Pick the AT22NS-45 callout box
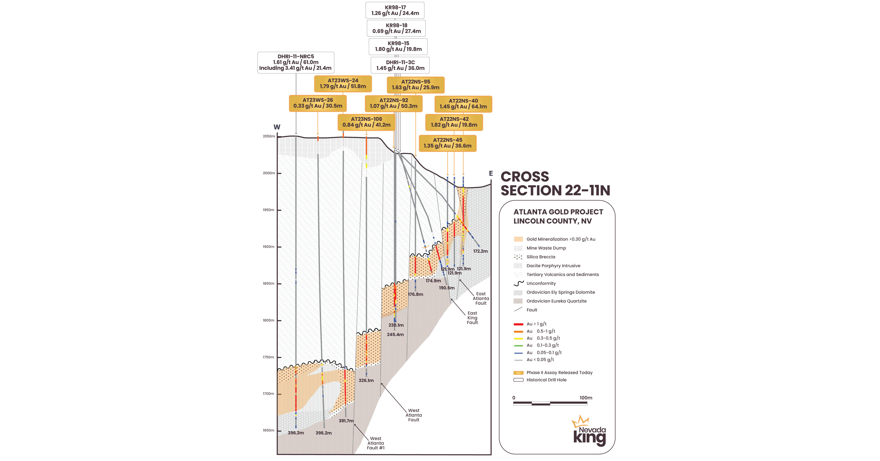[x=448, y=143]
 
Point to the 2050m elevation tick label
[x=269, y=136]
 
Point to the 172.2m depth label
[x=480, y=251]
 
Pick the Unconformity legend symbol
[x=518, y=283]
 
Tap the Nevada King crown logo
[x=580, y=421]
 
